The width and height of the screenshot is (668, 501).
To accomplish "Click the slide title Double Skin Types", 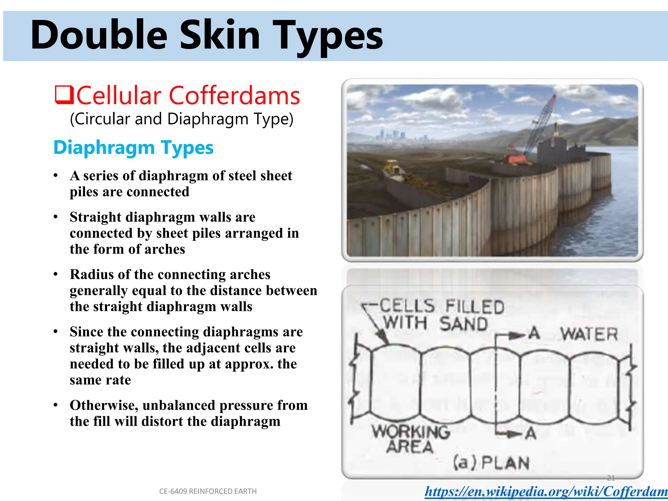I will [x=206, y=35].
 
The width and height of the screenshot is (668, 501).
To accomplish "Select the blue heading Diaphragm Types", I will [x=133, y=147].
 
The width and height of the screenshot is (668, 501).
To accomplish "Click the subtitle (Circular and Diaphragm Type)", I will [x=182, y=119].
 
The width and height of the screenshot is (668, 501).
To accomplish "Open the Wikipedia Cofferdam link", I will [x=546, y=491].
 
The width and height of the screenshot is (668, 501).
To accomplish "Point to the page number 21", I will [x=611, y=478].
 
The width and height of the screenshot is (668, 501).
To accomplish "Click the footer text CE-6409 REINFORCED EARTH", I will [x=208, y=491].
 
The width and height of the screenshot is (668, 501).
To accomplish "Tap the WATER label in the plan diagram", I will [x=589, y=334].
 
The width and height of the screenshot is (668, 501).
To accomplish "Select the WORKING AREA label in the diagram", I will [x=411, y=439].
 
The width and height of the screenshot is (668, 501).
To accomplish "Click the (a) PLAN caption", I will [x=491, y=463].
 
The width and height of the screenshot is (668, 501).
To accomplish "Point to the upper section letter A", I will [x=534, y=333].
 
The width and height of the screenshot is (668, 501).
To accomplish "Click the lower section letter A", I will [x=531, y=433].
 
